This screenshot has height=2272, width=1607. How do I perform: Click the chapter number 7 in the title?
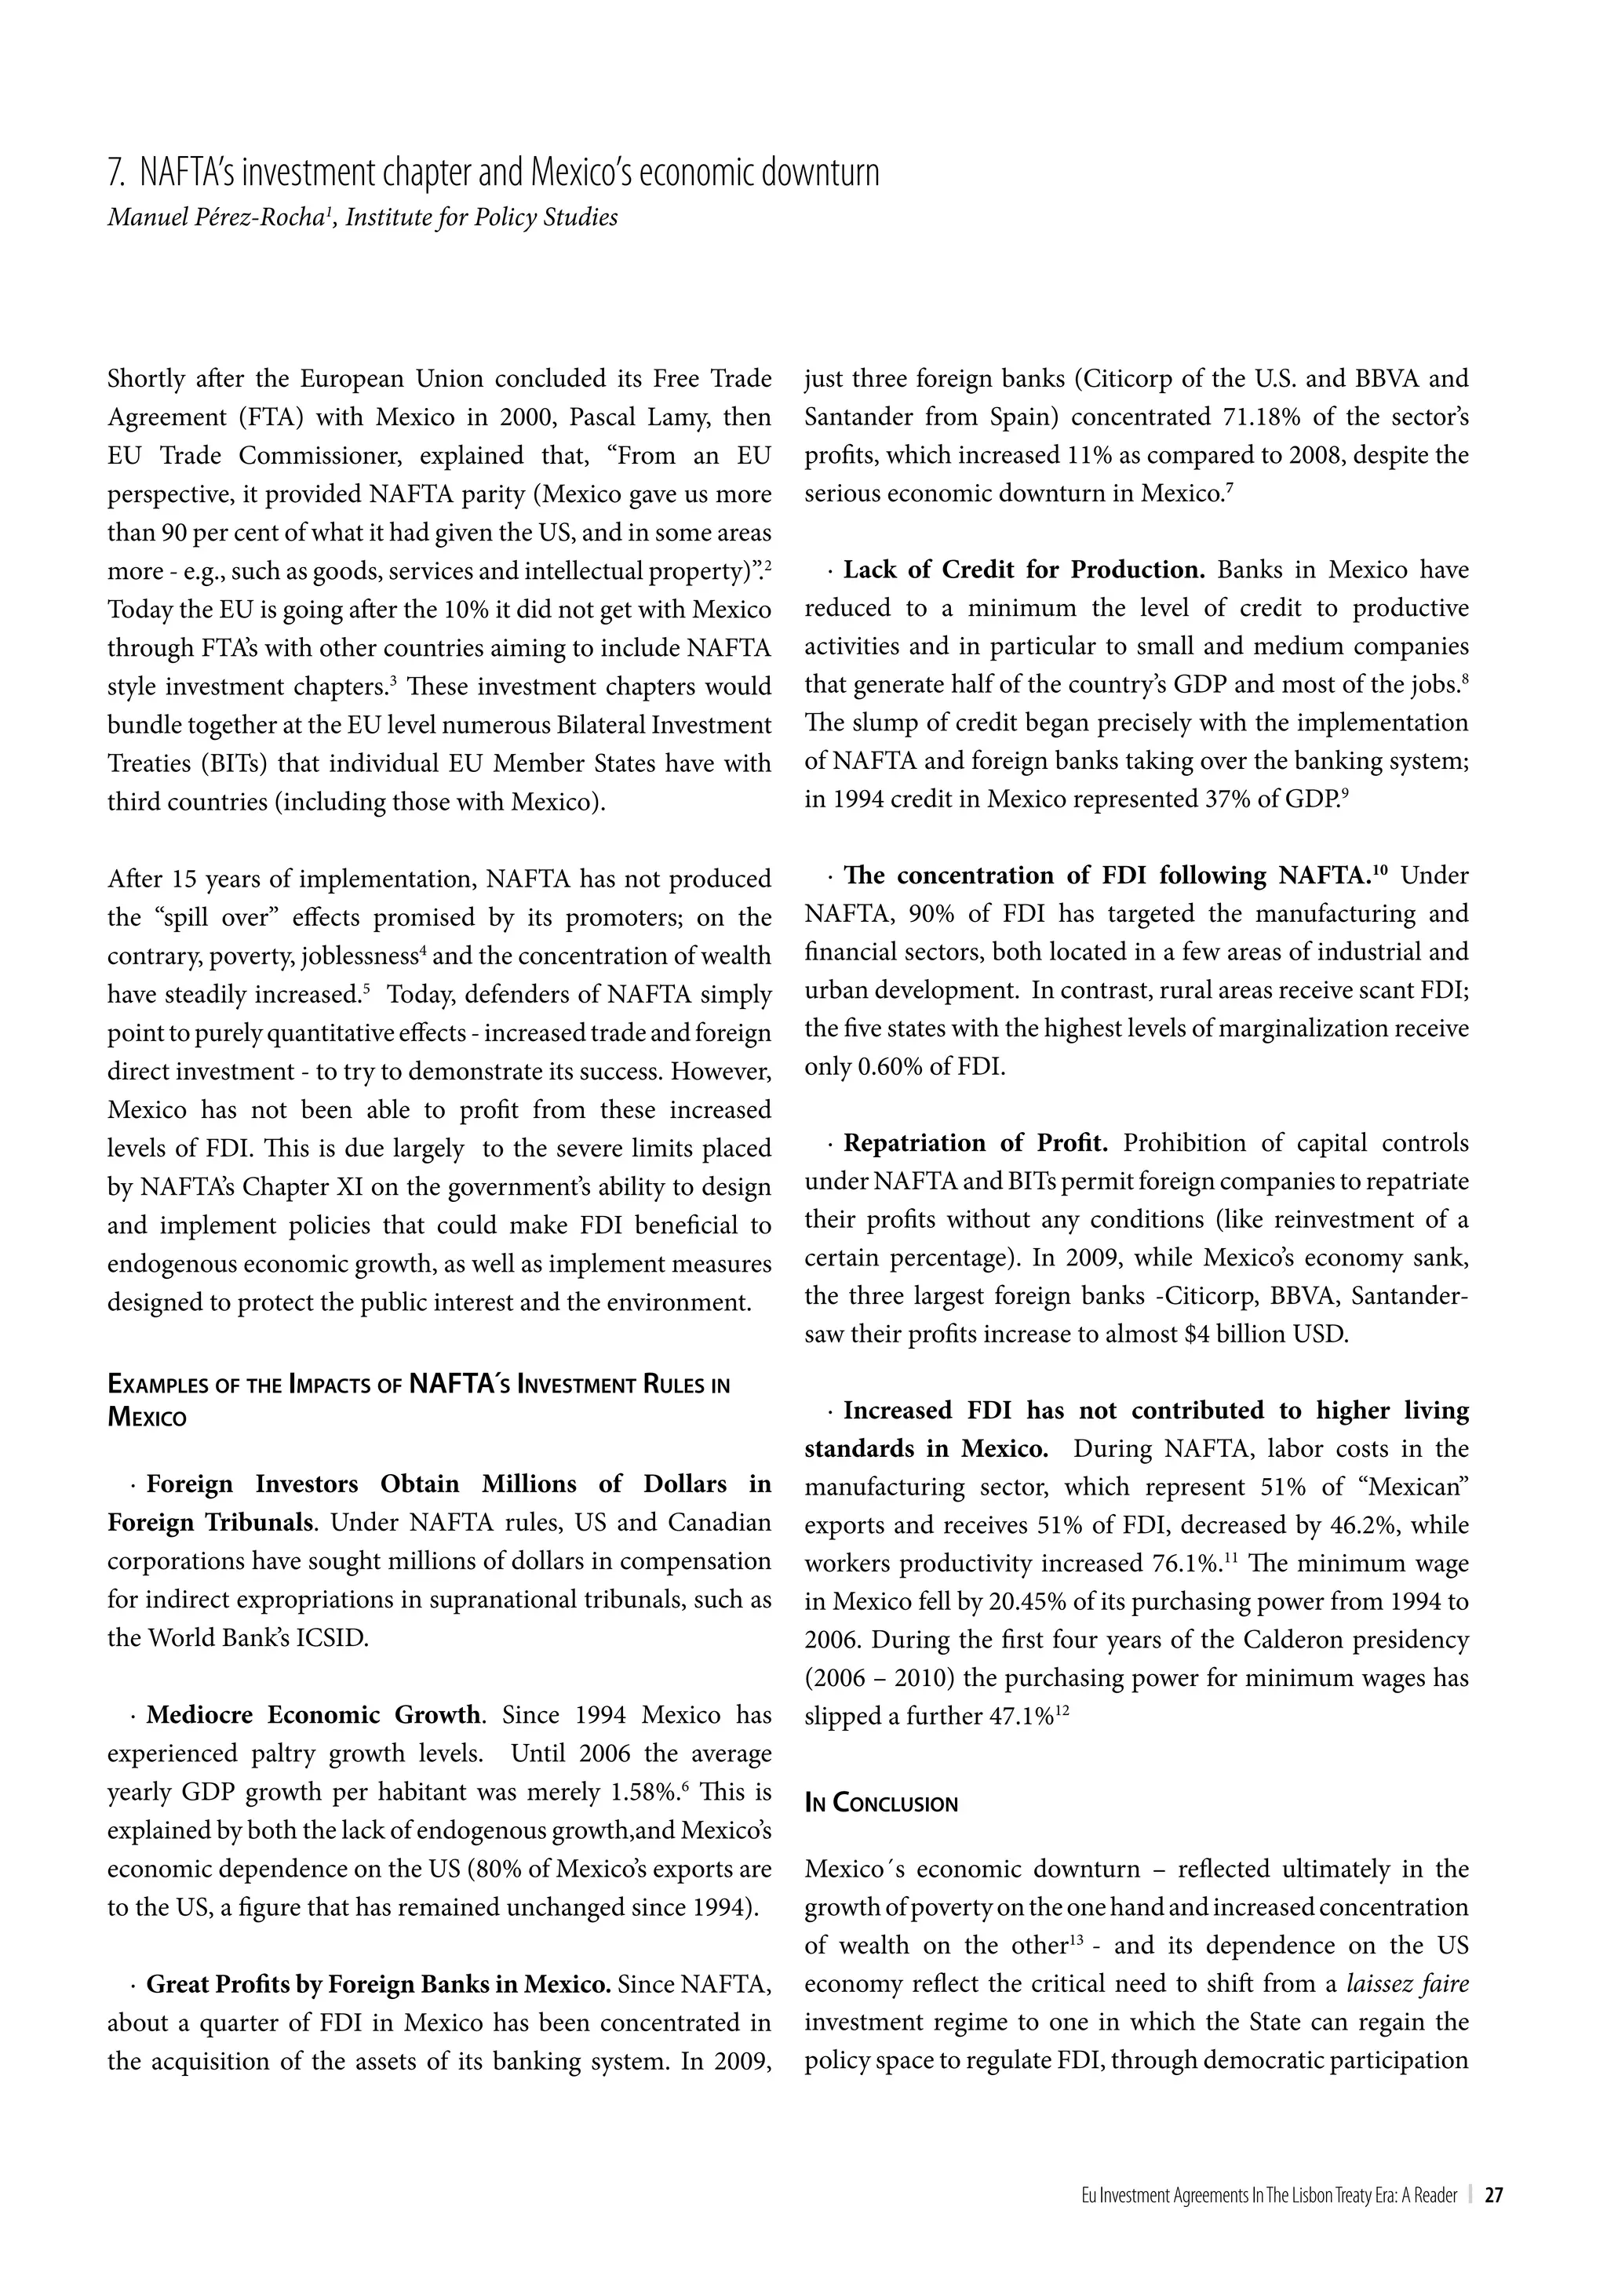114,174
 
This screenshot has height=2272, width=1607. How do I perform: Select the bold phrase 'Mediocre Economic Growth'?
314,1715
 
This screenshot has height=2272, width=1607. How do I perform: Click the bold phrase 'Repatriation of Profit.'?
975,1143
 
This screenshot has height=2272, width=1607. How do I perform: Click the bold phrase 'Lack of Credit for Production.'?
1023,570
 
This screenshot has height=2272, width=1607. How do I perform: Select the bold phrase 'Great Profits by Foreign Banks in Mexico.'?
378,1984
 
